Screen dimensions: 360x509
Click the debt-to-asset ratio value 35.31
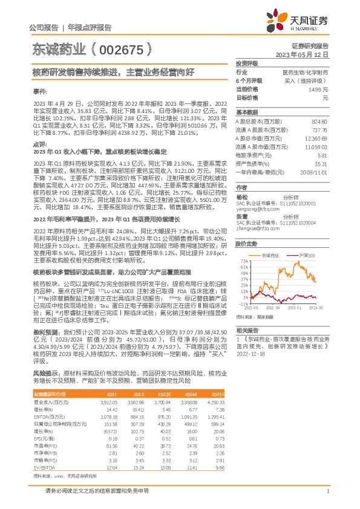(x=321, y=163)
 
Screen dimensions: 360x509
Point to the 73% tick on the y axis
(x=244, y=266)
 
